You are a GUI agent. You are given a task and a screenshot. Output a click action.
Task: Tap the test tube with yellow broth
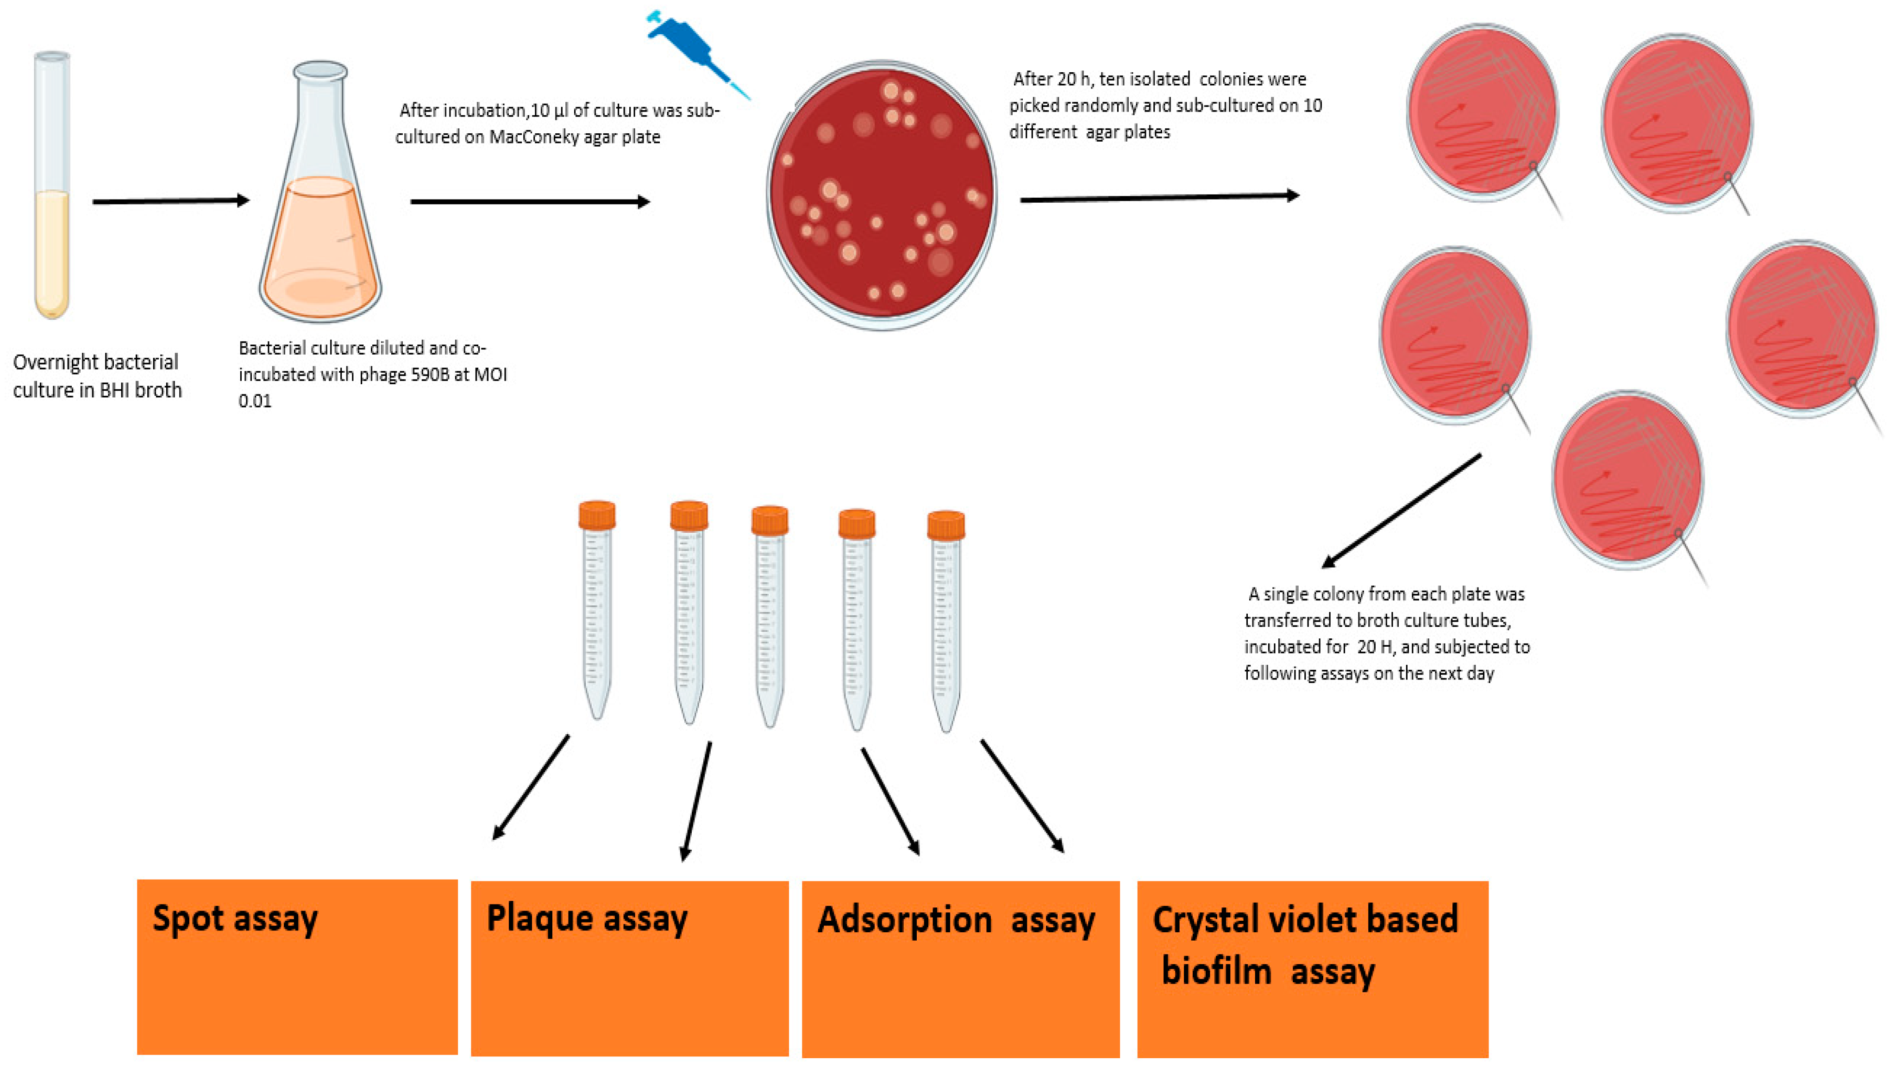pyautogui.click(x=52, y=187)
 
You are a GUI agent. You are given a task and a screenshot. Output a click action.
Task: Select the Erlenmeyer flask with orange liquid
pyautogui.click(x=320, y=220)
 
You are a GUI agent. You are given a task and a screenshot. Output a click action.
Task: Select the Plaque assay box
pyautogui.click(x=630, y=968)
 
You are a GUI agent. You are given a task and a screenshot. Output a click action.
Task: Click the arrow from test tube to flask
pyautogui.click(x=171, y=201)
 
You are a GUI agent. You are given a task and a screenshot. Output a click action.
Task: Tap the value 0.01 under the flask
pyautogui.click(x=255, y=401)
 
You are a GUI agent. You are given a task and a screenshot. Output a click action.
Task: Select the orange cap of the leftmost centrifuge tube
pyautogui.click(x=596, y=515)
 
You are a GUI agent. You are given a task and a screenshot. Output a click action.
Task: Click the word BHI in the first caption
pyautogui.click(x=114, y=390)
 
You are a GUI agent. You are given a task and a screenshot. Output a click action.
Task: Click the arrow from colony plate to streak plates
pyautogui.click(x=1159, y=197)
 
